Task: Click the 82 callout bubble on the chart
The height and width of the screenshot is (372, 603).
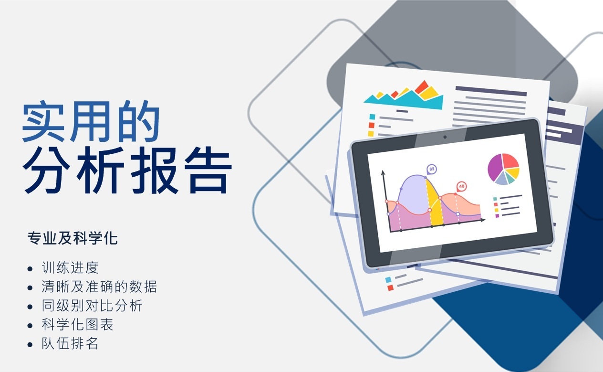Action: [x=432, y=170]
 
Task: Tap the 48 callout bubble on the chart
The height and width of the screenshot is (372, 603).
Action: [x=461, y=187]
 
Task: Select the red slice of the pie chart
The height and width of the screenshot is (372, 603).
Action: [x=510, y=160]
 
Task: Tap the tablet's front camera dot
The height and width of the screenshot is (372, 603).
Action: [x=445, y=137]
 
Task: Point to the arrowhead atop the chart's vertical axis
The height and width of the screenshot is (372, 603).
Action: [x=383, y=172]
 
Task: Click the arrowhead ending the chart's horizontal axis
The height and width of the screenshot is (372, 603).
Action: [x=483, y=220]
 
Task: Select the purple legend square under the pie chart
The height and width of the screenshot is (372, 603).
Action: [x=497, y=216]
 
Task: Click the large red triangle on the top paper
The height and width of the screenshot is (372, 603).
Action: [x=422, y=86]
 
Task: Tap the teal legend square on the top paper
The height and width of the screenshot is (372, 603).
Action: [x=372, y=117]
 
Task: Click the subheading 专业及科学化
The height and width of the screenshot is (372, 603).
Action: [x=73, y=238]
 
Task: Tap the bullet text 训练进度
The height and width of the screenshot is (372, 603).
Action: [x=70, y=267]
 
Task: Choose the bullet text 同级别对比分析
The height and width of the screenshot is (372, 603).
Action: [x=92, y=306]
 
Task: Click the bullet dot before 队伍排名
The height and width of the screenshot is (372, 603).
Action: [x=30, y=344]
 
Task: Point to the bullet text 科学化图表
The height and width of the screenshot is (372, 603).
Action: [x=77, y=324]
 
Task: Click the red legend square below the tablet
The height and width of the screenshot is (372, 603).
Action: [x=390, y=288]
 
